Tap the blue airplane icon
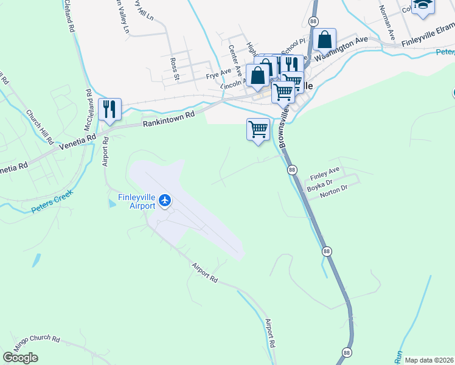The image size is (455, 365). pyautogui.click(x=165, y=200)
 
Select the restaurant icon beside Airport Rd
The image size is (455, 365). pyautogui.click(x=109, y=109)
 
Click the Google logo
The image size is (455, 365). pyautogui.click(x=20, y=358)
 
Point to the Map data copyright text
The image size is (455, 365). pyautogui.click(x=429, y=360)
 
